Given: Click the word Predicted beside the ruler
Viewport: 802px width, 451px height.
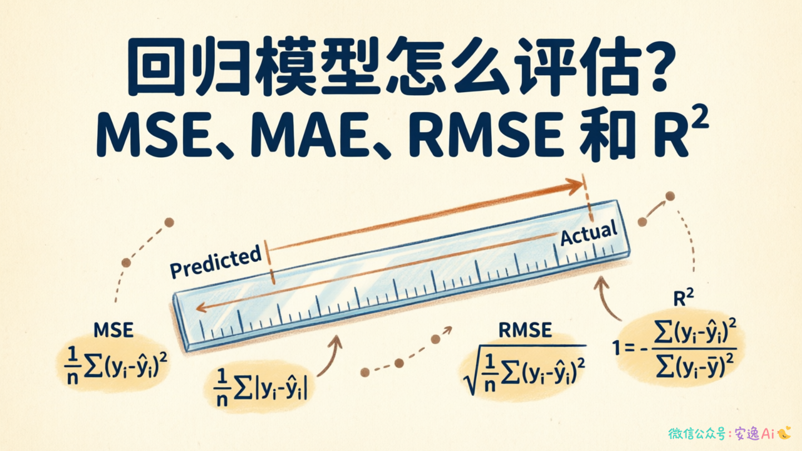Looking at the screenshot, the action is (x=216, y=261).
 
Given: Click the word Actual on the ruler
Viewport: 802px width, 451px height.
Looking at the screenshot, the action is (x=589, y=233).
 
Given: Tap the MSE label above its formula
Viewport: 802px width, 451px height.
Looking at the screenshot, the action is (x=113, y=330).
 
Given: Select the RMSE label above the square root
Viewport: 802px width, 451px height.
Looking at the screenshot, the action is (x=525, y=330).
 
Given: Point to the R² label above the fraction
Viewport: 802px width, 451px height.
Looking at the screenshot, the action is (x=684, y=298).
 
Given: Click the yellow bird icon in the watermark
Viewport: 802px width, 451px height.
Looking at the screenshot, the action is (x=784, y=433).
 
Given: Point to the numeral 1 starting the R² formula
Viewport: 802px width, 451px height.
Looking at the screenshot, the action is (x=616, y=348).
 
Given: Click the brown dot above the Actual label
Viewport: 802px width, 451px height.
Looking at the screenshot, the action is (x=670, y=196).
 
